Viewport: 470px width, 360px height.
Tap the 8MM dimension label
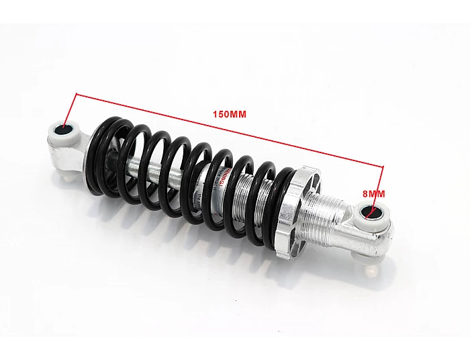pyautogui.click(x=374, y=193)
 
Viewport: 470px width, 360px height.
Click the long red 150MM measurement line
pyautogui.click(x=228, y=128)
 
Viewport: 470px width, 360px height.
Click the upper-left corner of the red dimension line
pyautogui.click(x=77, y=94)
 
